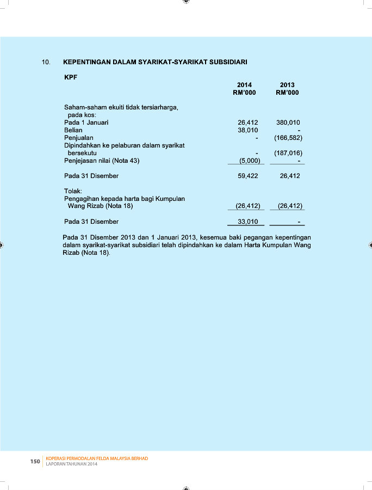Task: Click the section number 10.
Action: pyautogui.click(x=46, y=62)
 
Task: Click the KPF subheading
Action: pyautogui.click(x=71, y=77)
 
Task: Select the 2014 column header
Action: pyautogui.click(x=244, y=85)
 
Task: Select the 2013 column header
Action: pyautogui.click(x=287, y=85)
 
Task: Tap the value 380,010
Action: pyautogui.click(x=288, y=122)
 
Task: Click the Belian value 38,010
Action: pyautogui.click(x=248, y=130)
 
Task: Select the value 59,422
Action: pyautogui.click(x=248, y=176)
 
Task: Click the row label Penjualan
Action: pyautogui.click(x=78, y=138)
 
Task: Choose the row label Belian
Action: pyautogui.click(x=73, y=130)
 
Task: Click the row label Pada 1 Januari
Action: pyautogui.click(x=86, y=122)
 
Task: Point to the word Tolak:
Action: pyautogui.click(x=73, y=191)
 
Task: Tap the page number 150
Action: pyautogui.click(x=35, y=462)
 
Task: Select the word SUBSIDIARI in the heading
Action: pyautogui.click(x=226, y=62)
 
